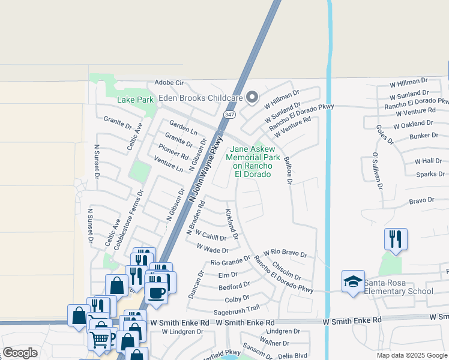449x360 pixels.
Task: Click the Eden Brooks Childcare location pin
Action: [253, 97]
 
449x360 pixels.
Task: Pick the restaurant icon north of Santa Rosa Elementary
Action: [396, 239]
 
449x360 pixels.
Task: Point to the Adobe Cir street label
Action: [169, 83]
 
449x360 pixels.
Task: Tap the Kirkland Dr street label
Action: [231, 224]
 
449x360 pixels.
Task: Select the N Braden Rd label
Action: [196, 217]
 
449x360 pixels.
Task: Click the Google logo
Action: [20, 353]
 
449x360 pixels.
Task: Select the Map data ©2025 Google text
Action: [411, 355]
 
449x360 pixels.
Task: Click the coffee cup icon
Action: [157, 293]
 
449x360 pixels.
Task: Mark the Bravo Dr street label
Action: [421, 200]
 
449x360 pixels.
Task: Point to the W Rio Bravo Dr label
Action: [285, 254]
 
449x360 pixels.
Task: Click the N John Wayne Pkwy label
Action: [204, 169]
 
